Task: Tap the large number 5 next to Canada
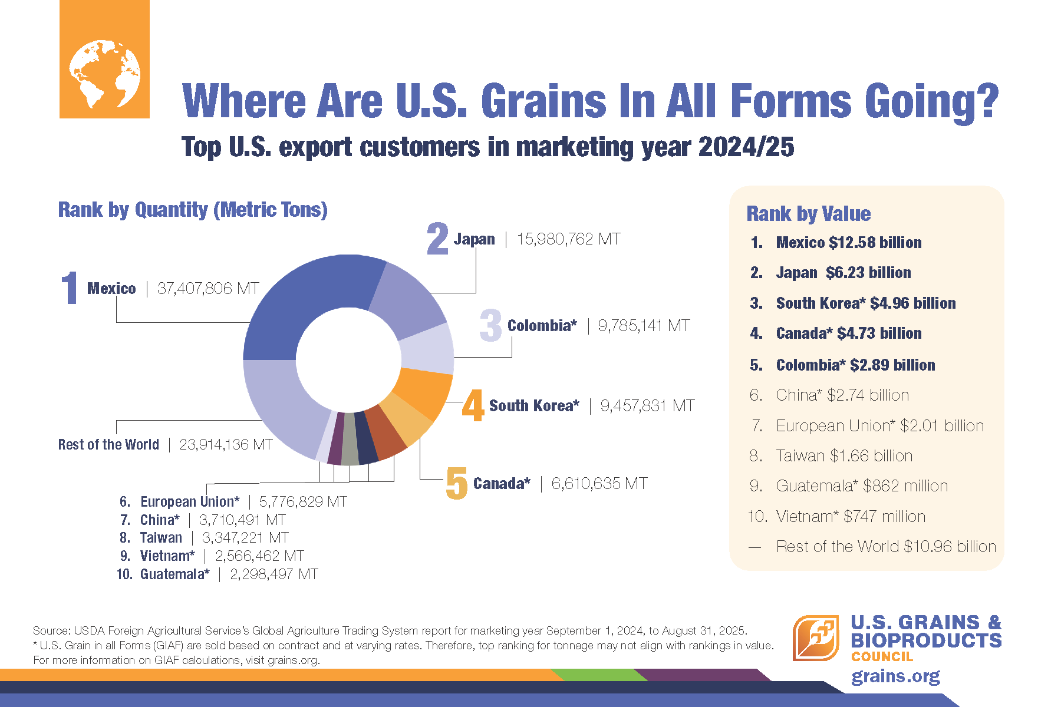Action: point(457,484)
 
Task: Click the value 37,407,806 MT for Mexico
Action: point(208,289)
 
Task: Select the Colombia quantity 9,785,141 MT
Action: point(644,326)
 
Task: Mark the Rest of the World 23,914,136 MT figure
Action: point(226,445)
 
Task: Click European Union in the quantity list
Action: point(190,502)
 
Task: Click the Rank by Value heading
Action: point(809,214)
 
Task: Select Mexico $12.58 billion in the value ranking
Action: point(849,243)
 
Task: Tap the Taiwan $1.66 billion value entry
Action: point(844,456)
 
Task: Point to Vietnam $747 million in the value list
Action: point(851,517)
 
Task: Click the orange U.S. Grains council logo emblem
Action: point(816,638)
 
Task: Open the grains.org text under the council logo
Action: point(895,676)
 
